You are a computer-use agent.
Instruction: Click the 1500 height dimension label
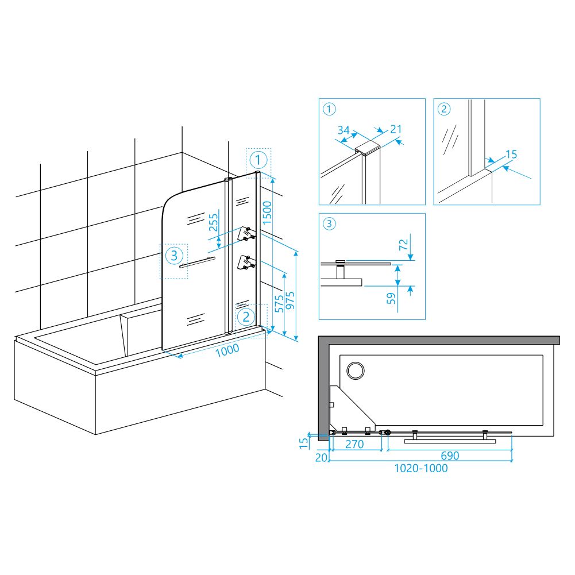tap(267, 213)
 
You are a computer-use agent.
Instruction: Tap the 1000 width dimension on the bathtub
tap(227, 350)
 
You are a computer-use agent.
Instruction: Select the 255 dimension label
tap(213, 222)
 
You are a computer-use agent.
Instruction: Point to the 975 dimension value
tap(290, 300)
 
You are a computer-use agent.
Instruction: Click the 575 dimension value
tap(279, 304)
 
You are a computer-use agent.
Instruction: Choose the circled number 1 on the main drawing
tap(258, 160)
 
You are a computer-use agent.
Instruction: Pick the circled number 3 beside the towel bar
tap(174, 255)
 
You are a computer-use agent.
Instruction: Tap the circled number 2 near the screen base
tap(246, 317)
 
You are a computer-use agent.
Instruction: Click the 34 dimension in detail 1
tap(344, 130)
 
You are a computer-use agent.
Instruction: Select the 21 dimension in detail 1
tap(396, 129)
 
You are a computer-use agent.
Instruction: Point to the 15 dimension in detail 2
tap(511, 155)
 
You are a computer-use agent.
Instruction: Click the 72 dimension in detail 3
tap(403, 244)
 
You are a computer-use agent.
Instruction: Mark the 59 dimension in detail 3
tap(392, 298)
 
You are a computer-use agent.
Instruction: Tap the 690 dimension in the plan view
tap(450, 456)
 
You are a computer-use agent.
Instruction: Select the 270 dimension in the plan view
tap(354, 444)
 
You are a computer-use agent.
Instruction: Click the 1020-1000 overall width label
tap(421, 468)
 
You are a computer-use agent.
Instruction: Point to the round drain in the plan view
tap(356, 371)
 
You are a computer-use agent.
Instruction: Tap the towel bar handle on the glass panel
tap(197, 263)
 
